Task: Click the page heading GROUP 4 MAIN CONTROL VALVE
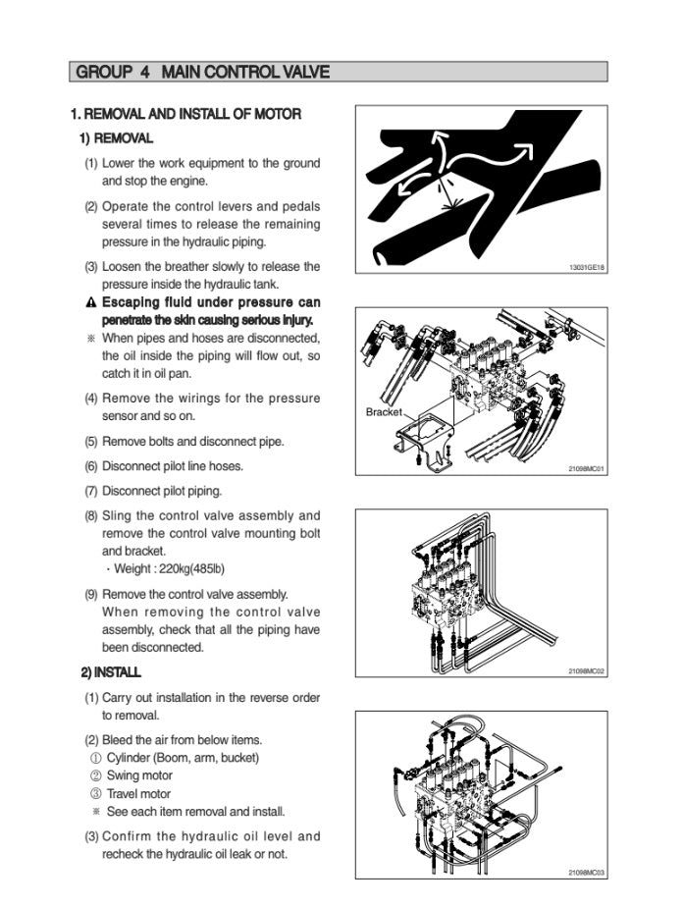[x=202, y=72]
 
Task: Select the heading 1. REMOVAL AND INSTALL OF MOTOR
[x=185, y=114]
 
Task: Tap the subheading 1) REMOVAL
[x=116, y=138]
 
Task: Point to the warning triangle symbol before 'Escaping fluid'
[x=90, y=302]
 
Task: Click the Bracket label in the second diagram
[x=384, y=412]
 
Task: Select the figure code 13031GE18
[x=587, y=267]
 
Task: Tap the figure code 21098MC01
[x=587, y=469]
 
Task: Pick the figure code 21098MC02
[x=587, y=671]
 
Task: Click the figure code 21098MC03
[x=587, y=873]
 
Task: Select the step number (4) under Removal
[x=90, y=399]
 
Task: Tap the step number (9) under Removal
[x=90, y=594]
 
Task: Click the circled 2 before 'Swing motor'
[x=95, y=775]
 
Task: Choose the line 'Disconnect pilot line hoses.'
[x=173, y=466]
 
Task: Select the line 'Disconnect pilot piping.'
[x=162, y=491]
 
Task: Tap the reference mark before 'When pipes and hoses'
[x=90, y=339]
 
